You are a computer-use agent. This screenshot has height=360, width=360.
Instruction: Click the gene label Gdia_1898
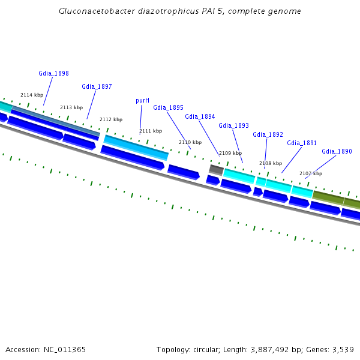tap(53, 73)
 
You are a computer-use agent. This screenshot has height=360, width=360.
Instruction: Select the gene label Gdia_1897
tap(97, 86)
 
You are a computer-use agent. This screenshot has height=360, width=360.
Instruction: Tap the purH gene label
tap(142, 100)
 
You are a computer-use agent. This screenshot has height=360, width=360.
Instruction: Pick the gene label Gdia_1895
tap(168, 107)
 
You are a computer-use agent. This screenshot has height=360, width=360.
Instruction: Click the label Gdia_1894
tap(200, 116)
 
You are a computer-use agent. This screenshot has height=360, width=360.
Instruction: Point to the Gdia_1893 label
tap(233, 125)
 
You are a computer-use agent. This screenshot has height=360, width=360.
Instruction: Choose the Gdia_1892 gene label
tap(268, 134)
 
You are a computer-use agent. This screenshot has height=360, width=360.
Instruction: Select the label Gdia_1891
tap(302, 143)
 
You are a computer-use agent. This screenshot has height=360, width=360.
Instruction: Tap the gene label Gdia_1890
tap(337, 151)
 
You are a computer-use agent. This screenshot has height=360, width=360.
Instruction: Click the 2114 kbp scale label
tap(32, 95)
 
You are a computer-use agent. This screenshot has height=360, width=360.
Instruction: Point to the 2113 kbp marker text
tap(71, 107)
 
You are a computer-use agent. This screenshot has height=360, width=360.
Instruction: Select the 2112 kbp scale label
tap(111, 119)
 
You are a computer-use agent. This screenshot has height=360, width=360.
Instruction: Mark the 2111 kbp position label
tap(151, 131)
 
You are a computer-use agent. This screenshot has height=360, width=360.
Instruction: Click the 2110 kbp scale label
tap(190, 142)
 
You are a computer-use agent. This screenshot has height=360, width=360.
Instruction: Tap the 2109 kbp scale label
tap(230, 153)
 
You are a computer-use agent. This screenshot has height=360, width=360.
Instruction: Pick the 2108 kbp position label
tap(271, 163)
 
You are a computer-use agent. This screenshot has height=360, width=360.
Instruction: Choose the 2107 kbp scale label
tap(311, 173)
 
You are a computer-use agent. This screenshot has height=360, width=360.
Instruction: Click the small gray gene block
tap(216, 170)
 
